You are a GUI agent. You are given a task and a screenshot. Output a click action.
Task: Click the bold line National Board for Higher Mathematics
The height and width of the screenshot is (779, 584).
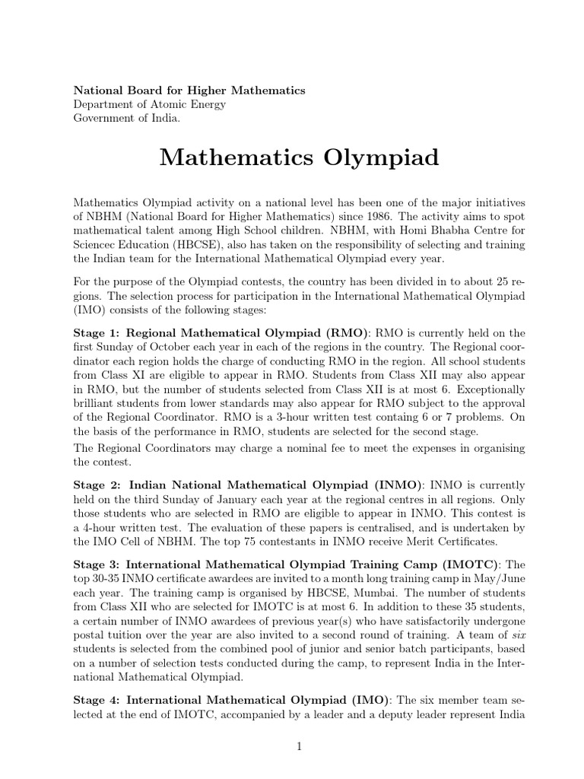pos(189,90)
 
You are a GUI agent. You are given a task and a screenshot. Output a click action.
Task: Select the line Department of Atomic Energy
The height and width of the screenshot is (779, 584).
pos(149,104)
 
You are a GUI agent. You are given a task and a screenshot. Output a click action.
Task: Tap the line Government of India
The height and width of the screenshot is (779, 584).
pos(126,119)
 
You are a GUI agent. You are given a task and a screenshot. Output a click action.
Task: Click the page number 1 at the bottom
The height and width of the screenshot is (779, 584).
pos(300,747)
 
